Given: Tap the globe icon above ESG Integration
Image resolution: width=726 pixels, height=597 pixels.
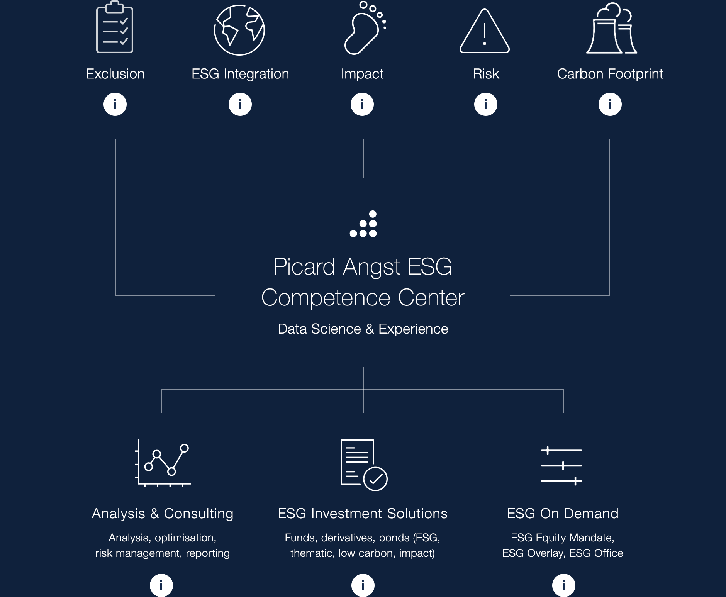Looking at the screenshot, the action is click(x=239, y=30).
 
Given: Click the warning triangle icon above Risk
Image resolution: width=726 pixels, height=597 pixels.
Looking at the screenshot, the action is click(x=485, y=31).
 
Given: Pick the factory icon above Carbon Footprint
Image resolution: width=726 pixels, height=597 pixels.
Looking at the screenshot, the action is click(x=611, y=28).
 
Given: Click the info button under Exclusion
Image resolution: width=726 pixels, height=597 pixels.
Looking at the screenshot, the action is click(x=115, y=104).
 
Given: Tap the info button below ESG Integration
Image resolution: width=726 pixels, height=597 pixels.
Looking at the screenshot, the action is click(x=240, y=104).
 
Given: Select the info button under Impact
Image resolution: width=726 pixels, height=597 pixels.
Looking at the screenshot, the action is click(x=362, y=104).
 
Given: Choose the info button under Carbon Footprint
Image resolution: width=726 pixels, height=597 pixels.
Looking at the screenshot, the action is click(x=610, y=104).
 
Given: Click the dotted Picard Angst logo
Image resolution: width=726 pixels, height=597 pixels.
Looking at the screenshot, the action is click(x=363, y=224).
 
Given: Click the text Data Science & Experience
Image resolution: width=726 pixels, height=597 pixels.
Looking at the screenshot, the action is click(x=363, y=329).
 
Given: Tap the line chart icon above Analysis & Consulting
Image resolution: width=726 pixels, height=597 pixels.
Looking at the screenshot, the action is click(x=163, y=463).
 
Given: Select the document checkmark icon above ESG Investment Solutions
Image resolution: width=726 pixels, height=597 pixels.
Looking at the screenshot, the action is click(x=364, y=465).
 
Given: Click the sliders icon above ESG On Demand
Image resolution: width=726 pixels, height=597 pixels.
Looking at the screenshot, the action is click(x=561, y=466).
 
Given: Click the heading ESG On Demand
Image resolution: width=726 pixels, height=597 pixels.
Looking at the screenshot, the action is click(x=563, y=514).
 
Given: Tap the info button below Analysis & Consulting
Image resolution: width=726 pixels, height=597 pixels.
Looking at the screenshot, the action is click(x=161, y=585).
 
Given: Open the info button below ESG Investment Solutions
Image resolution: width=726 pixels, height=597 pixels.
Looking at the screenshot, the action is click(x=363, y=585).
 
